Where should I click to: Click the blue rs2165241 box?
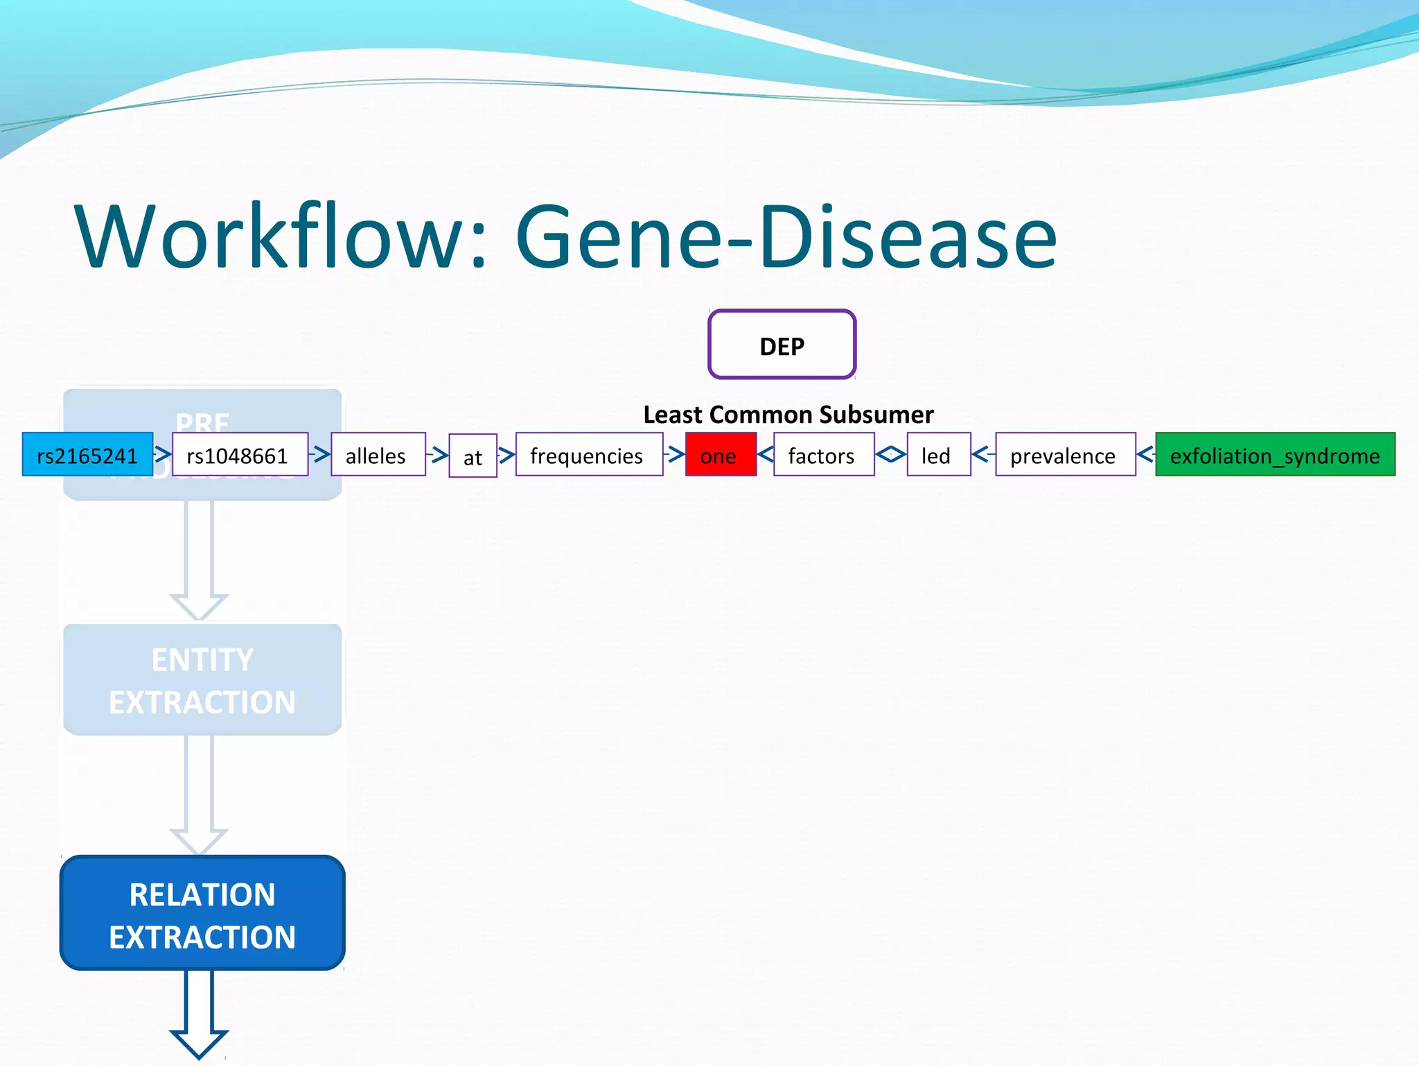(x=87, y=455)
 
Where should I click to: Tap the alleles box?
(x=378, y=455)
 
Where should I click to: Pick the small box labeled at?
(x=473, y=456)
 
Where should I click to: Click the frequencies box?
(x=588, y=455)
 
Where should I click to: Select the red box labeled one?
(x=720, y=455)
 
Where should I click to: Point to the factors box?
(x=823, y=455)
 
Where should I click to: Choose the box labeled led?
(x=937, y=455)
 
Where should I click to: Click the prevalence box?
(x=1065, y=455)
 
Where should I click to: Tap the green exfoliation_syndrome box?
(x=1274, y=455)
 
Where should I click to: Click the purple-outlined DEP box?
(x=782, y=345)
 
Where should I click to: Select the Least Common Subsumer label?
(x=788, y=414)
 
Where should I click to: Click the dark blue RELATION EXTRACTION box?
(x=202, y=913)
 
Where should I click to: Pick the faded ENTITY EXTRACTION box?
(x=202, y=679)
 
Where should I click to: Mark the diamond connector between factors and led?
(x=890, y=455)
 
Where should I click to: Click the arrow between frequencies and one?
(x=674, y=455)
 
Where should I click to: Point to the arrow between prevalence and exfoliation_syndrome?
(x=1145, y=455)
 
